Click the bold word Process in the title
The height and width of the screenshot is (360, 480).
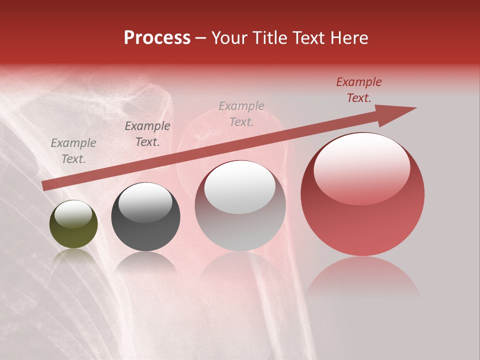pos(157,38)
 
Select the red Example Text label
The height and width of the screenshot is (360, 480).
pos(358,90)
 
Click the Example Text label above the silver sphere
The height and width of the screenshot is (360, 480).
pos(241,114)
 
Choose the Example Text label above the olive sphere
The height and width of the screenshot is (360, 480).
pos(73,151)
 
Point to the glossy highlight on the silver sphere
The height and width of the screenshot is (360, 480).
pos(240,187)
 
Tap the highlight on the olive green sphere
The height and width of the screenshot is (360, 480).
pos(73,214)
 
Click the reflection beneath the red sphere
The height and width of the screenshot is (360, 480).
pos(362,277)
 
